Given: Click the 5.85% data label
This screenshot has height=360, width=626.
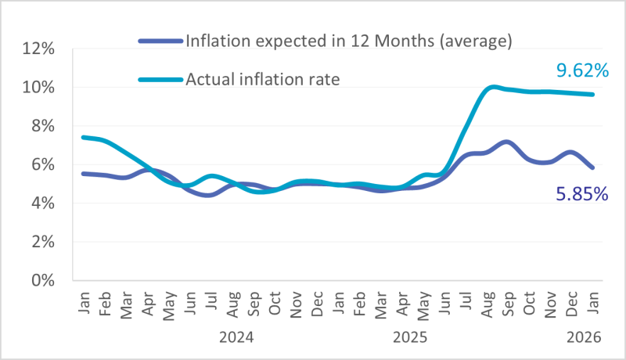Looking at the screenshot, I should (582, 193).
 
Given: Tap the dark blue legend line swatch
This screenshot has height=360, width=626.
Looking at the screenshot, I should (160, 41).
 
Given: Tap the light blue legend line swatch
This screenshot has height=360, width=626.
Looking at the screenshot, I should (160, 80).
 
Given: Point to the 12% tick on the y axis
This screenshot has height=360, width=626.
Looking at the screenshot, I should (38, 49).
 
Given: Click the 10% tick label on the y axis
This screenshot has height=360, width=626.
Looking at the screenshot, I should (38, 87).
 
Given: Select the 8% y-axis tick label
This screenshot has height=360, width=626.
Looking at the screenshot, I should (41, 125).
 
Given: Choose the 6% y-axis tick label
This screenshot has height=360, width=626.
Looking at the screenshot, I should (41, 164).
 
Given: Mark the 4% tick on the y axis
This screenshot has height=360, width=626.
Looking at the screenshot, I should (41, 203).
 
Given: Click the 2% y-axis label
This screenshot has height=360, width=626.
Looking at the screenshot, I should (41, 241).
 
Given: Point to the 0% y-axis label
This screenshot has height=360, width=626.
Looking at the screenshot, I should (41, 279).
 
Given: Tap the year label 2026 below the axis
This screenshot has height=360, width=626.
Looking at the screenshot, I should (584, 337).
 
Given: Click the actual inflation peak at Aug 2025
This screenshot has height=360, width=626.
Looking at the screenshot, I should (491, 87).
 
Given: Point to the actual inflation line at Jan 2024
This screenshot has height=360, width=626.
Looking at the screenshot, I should (83, 137).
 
